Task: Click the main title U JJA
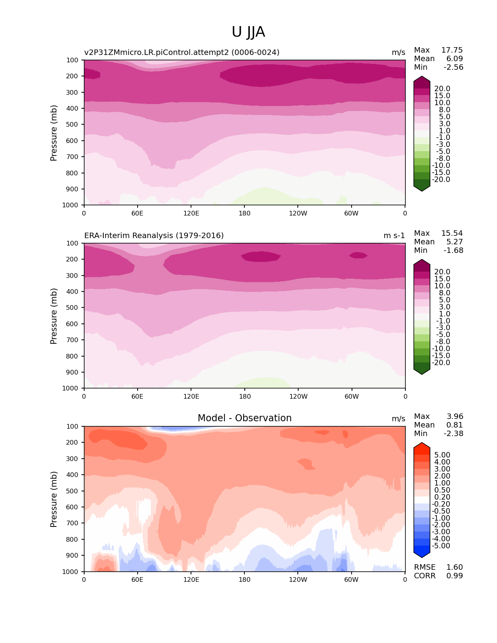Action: click(x=248, y=32)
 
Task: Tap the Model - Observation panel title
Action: click(x=244, y=418)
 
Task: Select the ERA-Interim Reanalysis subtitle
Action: click(x=154, y=236)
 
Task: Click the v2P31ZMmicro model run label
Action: click(x=182, y=53)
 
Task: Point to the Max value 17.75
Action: click(x=452, y=50)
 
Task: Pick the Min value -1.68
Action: click(x=453, y=251)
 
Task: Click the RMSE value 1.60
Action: click(x=455, y=567)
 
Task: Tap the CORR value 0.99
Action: click(x=455, y=576)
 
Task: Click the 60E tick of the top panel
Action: click(x=137, y=213)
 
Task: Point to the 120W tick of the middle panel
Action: click(x=298, y=396)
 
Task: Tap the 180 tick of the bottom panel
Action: click(x=244, y=579)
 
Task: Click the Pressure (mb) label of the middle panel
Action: click(x=54, y=316)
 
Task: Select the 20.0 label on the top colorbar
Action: click(x=442, y=89)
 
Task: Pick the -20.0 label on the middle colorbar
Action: click(x=441, y=363)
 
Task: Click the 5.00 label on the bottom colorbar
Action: click(x=442, y=455)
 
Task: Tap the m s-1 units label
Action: click(x=394, y=236)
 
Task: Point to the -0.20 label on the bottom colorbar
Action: click(x=441, y=504)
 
